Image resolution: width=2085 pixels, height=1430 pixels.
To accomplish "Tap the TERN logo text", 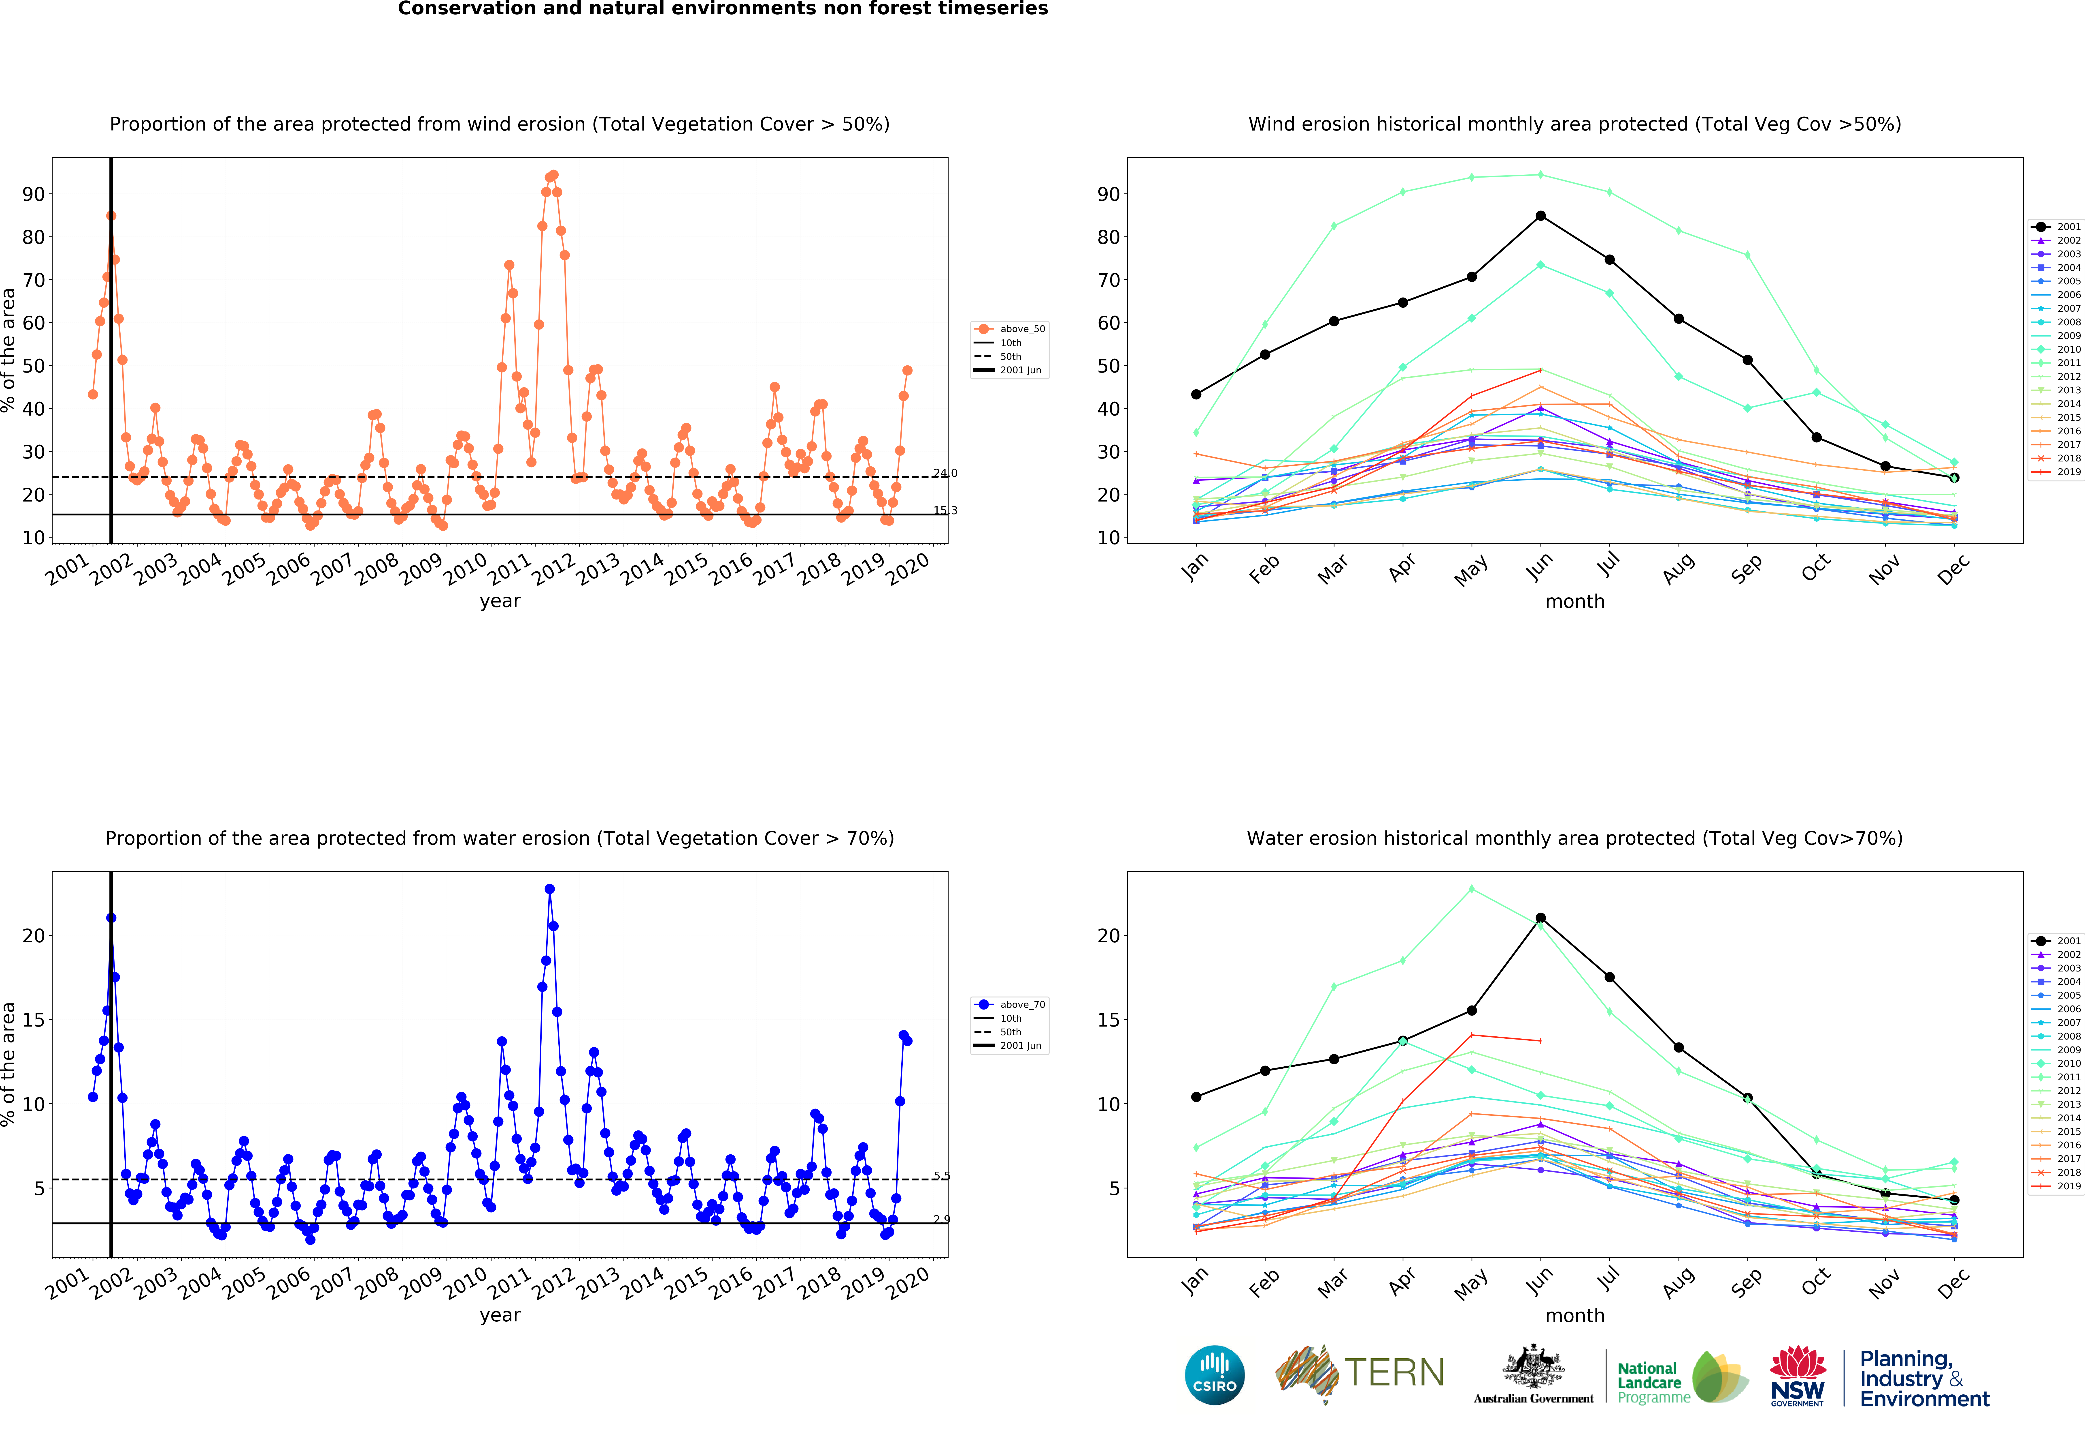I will click(1394, 1373).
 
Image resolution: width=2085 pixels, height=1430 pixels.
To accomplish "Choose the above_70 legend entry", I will click(1009, 1005).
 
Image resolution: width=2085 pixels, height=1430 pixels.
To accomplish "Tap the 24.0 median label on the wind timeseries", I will click(945, 473).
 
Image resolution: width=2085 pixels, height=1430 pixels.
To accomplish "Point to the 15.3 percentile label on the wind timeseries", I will click(945, 511).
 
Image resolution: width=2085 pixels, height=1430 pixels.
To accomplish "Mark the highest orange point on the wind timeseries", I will click(553, 175).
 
